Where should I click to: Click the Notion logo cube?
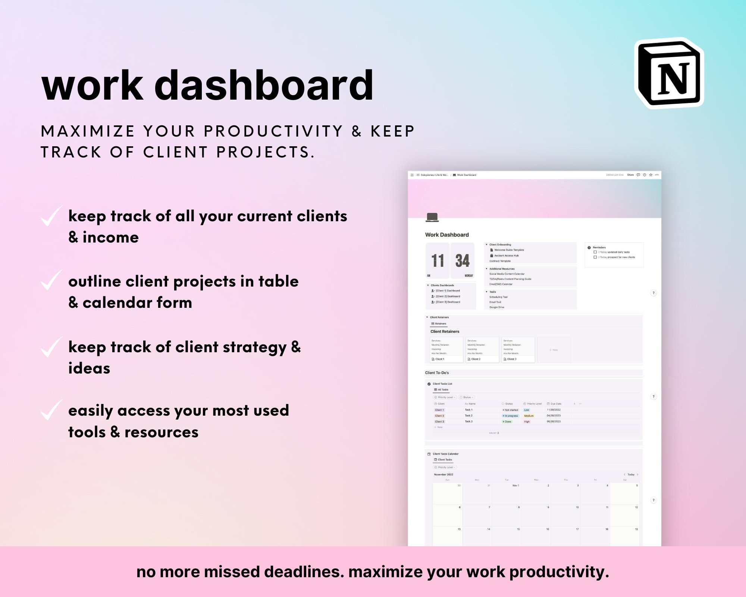[669, 73]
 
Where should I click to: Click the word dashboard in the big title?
[264, 86]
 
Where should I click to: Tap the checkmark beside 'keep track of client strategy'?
[51, 347]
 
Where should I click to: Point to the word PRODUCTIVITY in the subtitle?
[273, 131]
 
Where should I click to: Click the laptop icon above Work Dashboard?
[432, 217]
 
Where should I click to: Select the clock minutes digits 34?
[462, 260]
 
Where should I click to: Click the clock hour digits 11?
[438, 260]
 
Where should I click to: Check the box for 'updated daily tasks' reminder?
[595, 252]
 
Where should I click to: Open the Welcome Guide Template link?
[509, 250]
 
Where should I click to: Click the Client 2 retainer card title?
[476, 359]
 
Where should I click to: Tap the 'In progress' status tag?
[511, 416]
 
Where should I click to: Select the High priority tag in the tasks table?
[527, 422]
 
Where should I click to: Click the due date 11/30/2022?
[554, 410]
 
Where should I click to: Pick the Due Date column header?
[555, 404]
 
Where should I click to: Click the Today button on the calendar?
[631, 475]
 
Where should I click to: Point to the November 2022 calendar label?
[443, 475]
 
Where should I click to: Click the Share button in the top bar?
[630, 175]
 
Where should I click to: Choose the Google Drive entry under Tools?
[496, 307]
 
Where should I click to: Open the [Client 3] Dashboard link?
[448, 302]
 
